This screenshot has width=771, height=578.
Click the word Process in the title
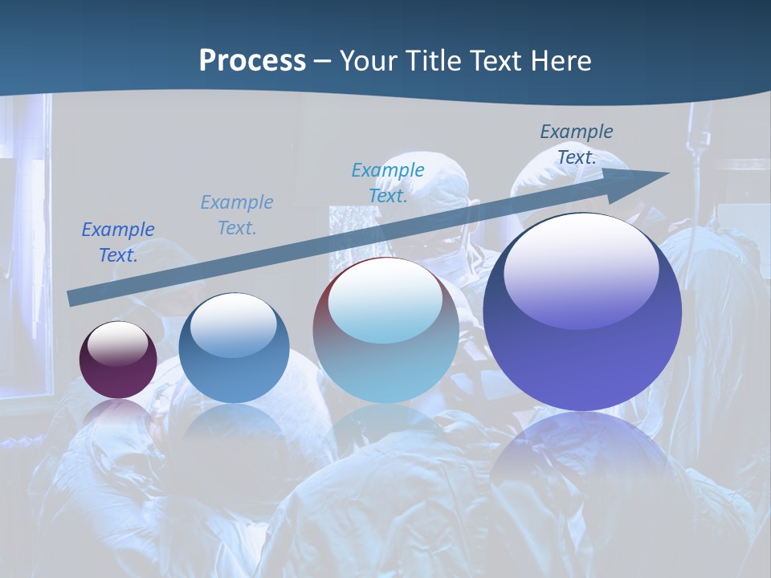pyautogui.click(x=252, y=60)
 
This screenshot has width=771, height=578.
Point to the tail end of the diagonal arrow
pyautogui.click(x=71, y=299)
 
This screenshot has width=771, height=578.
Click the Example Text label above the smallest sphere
pyautogui.click(x=118, y=242)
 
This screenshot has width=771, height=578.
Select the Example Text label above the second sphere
pyautogui.click(x=237, y=215)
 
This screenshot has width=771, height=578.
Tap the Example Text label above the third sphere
pyautogui.click(x=388, y=182)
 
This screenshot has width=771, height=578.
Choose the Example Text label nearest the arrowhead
pyautogui.click(x=577, y=144)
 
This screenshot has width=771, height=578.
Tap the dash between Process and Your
pyautogui.click(x=322, y=61)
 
